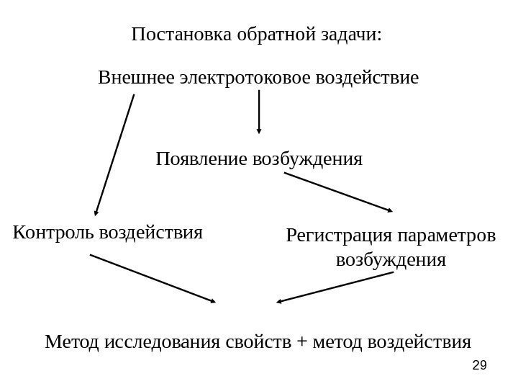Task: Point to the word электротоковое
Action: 236,76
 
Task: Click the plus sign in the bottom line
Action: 299,340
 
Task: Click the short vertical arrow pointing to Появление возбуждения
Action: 259,112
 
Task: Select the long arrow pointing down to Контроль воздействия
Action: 114,156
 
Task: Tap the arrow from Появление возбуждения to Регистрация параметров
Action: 333,191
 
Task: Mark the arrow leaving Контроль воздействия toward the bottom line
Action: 153,278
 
